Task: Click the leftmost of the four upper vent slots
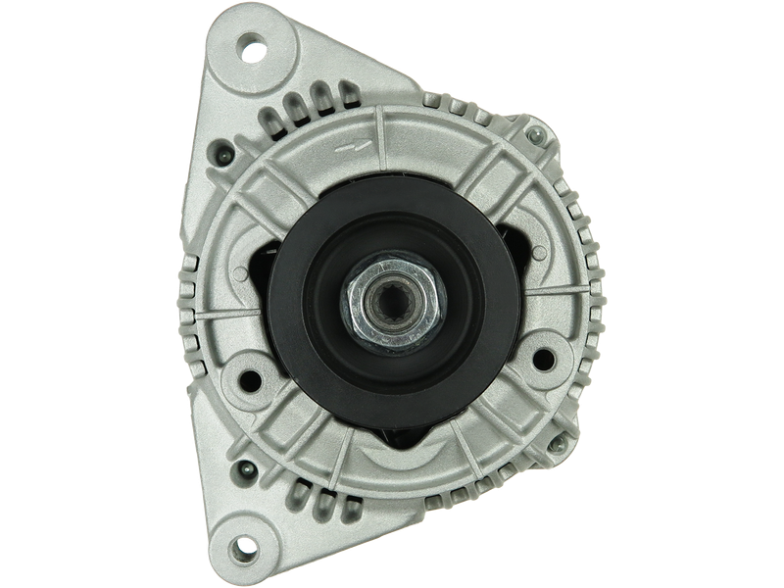[267, 120]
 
